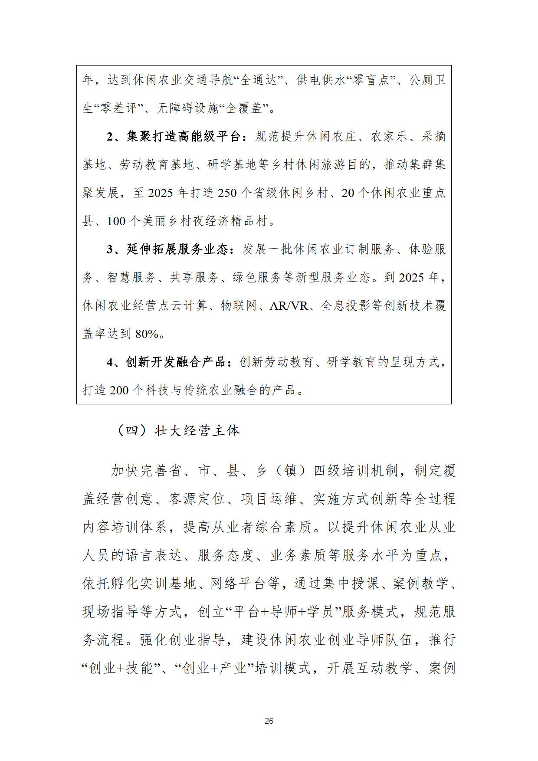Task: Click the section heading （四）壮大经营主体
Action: coord(178,431)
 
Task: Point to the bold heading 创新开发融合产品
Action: coord(176,362)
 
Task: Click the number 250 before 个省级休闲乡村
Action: coord(227,193)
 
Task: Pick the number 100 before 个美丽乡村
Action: coord(116,221)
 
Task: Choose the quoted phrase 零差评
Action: coord(118,108)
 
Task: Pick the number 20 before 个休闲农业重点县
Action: coord(348,193)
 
